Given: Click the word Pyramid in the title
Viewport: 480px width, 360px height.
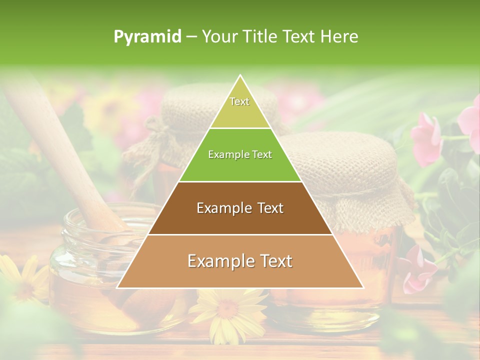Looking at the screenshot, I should click(147, 37).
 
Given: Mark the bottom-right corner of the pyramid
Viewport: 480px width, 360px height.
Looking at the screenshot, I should click(363, 287).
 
